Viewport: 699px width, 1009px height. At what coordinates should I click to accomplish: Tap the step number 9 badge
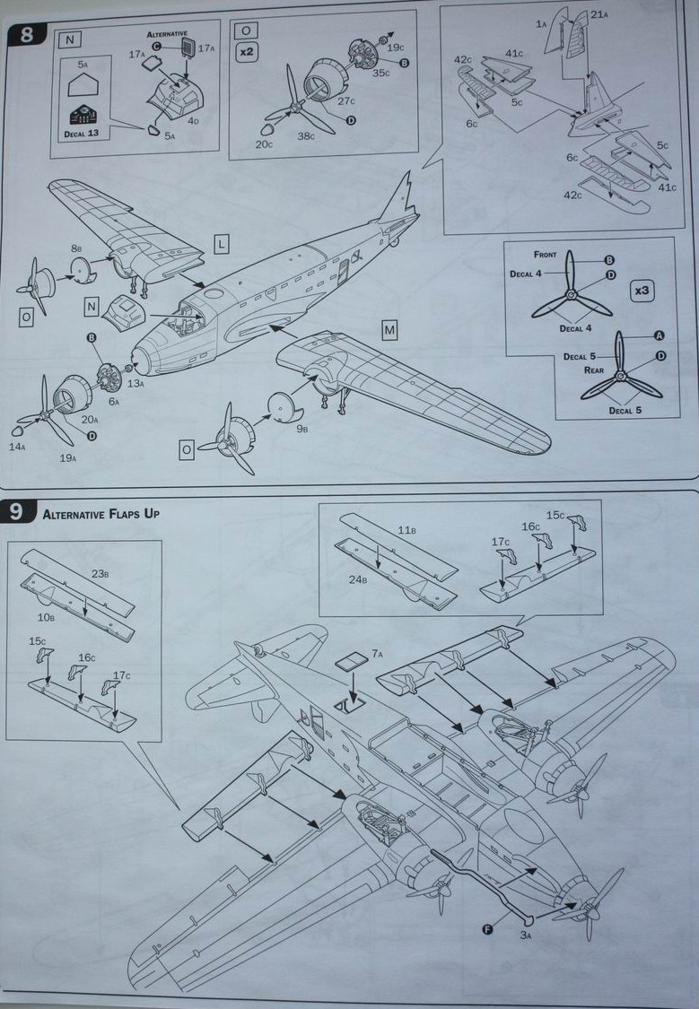click(x=18, y=513)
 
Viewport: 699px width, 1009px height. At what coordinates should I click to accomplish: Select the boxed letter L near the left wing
click(x=222, y=243)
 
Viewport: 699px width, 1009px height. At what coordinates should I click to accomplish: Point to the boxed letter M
click(x=389, y=330)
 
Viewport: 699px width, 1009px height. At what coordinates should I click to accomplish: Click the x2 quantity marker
click(x=246, y=52)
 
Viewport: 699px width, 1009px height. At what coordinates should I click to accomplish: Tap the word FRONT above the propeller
click(x=545, y=255)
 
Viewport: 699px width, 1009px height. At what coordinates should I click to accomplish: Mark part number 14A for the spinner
click(x=17, y=446)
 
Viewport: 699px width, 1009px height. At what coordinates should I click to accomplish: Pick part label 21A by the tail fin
click(x=599, y=13)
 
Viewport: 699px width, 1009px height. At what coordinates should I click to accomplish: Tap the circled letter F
click(x=488, y=929)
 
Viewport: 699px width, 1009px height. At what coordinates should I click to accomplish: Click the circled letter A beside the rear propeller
click(x=660, y=335)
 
